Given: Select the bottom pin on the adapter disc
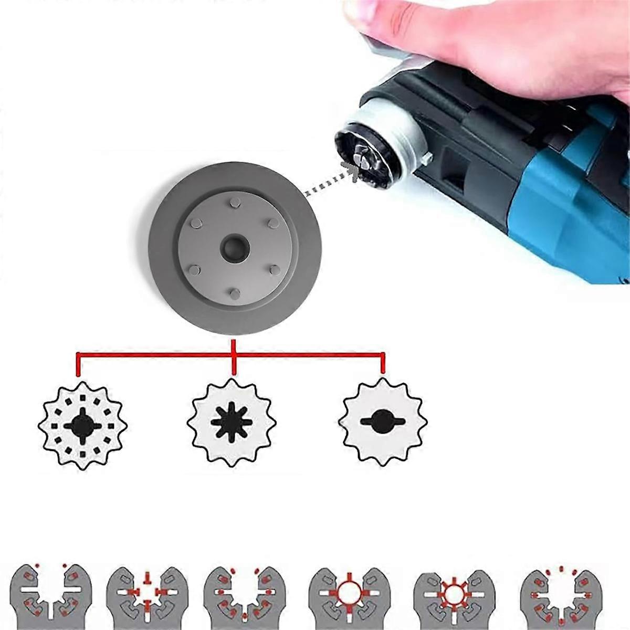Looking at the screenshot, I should coord(235,292).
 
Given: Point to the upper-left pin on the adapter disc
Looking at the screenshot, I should coord(194,223).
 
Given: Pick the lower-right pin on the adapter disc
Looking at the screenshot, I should coord(274,269).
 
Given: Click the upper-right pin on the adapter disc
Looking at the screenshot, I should coord(272,223).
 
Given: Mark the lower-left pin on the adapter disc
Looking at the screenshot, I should coord(194,269).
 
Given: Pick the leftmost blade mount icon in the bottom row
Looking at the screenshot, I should coord(51,598).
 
